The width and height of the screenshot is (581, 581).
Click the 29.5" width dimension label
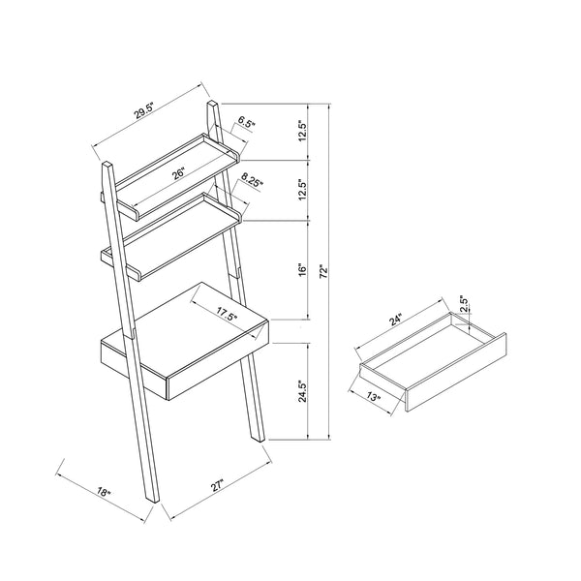click(x=143, y=110)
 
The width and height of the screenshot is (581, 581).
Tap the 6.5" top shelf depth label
click(x=246, y=122)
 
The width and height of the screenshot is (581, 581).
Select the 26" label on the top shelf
click(x=178, y=173)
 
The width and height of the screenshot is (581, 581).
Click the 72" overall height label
click(x=323, y=271)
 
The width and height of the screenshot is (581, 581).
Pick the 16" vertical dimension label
click(x=303, y=270)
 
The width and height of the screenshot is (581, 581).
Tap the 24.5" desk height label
click(x=303, y=391)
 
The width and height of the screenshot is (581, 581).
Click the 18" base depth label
click(x=105, y=492)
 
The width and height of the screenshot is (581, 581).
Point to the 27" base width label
click(x=218, y=486)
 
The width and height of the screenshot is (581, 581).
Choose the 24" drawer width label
click(x=395, y=320)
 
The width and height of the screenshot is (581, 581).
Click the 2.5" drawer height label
click(x=464, y=304)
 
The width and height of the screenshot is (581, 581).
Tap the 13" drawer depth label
click(x=374, y=397)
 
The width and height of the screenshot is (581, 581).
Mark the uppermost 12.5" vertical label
click(x=303, y=130)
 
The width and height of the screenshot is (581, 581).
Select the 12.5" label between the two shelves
click(x=303, y=191)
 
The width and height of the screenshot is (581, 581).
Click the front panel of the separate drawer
click(x=456, y=373)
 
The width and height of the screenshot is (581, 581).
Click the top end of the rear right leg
click(x=213, y=104)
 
